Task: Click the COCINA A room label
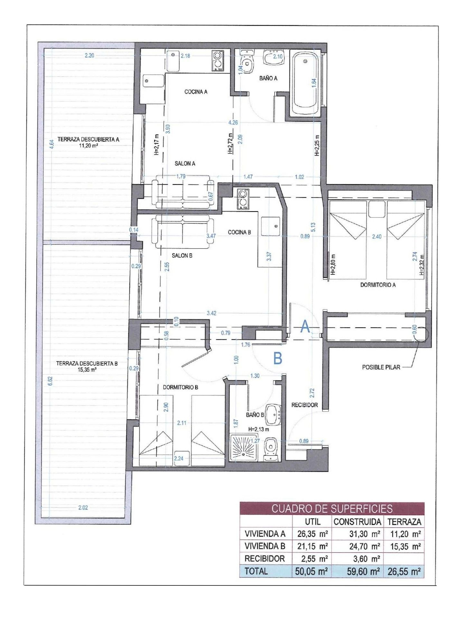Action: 196,92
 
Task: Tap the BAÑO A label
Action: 268,78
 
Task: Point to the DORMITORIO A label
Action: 378,285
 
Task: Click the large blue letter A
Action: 305,327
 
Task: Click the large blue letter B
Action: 278,358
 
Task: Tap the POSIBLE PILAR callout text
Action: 381,367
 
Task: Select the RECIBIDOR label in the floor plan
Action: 304,405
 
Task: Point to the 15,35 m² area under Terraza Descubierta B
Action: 87,370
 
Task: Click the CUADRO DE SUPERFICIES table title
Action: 332,508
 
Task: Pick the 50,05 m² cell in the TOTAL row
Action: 311,571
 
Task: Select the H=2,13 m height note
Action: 259,429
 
